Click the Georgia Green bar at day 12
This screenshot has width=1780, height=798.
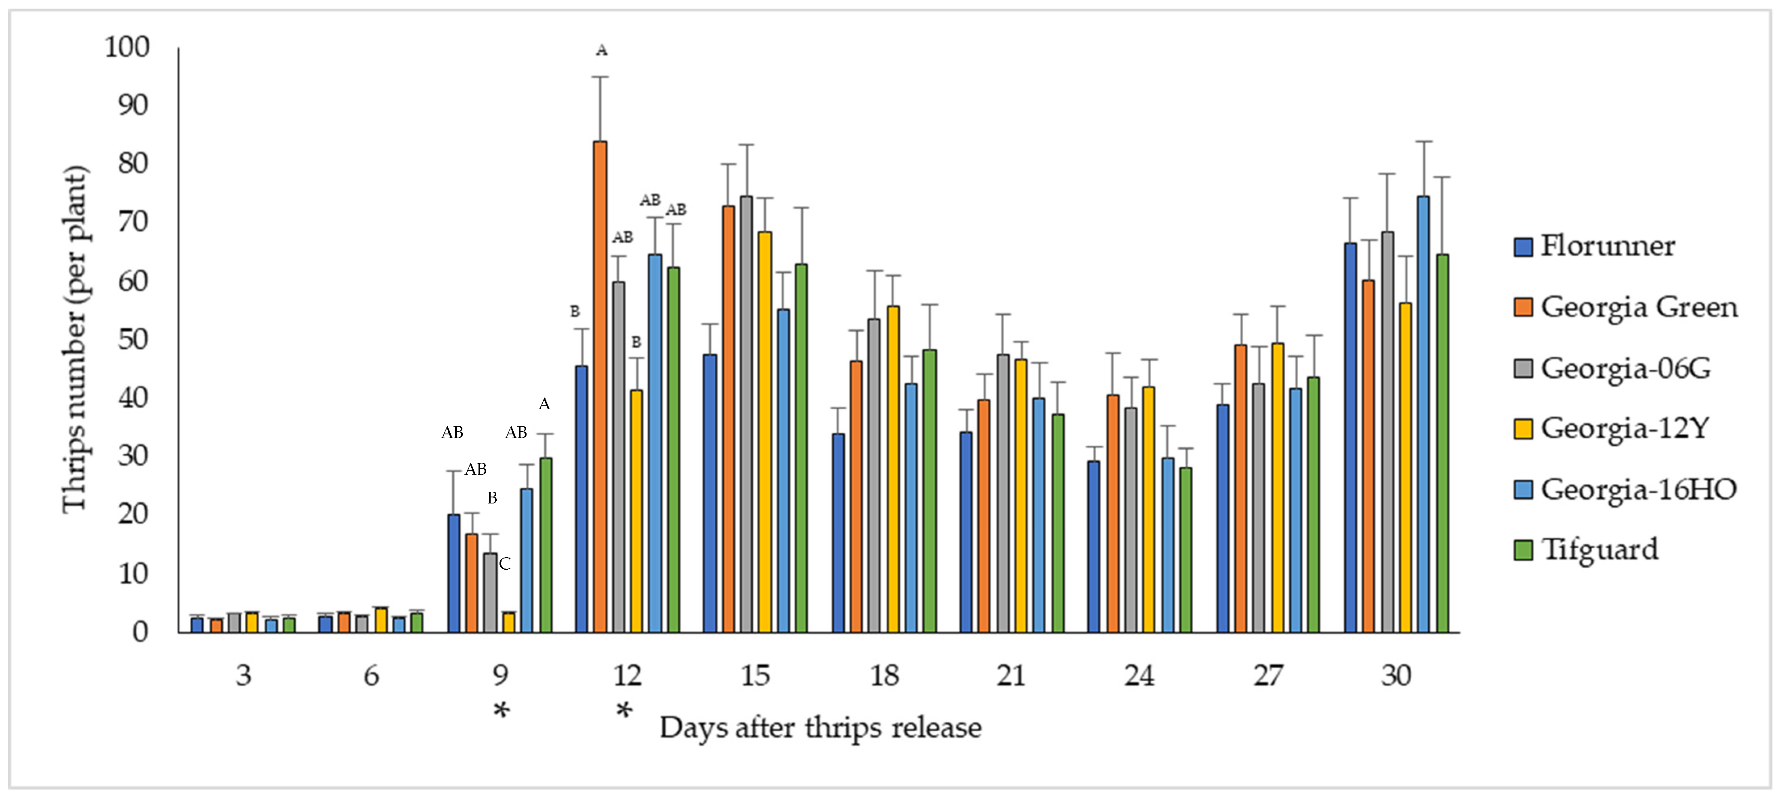click(x=600, y=387)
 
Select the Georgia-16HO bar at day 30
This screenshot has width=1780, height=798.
click(x=1423, y=415)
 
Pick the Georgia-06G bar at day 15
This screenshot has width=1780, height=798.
click(x=746, y=415)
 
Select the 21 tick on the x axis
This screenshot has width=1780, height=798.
click(x=1011, y=676)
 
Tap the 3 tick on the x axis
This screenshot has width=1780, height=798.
click(x=243, y=676)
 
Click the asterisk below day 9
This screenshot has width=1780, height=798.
click(x=501, y=711)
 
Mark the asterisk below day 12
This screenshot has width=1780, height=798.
click(x=624, y=711)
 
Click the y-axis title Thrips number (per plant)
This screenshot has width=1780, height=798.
click(x=75, y=339)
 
